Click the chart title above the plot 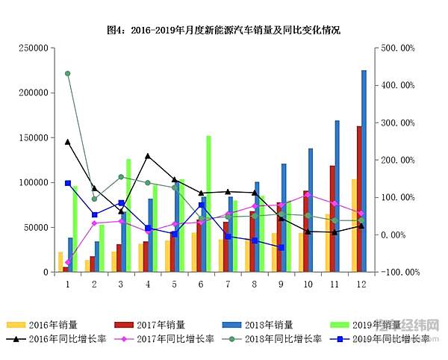(x=223, y=31)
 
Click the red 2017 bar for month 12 (x=359, y=199)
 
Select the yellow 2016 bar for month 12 (x=354, y=225)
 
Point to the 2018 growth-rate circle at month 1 (x=67, y=73)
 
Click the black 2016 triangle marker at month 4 (x=148, y=156)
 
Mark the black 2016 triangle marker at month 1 (x=67, y=141)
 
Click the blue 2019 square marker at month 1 (x=67, y=183)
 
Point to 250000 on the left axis (x=34, y=48)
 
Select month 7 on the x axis (x=228, y=285)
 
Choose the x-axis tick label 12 (x=361, y=285)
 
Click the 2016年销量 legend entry (x=46, y=325)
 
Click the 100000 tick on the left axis (x=34, y=183)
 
